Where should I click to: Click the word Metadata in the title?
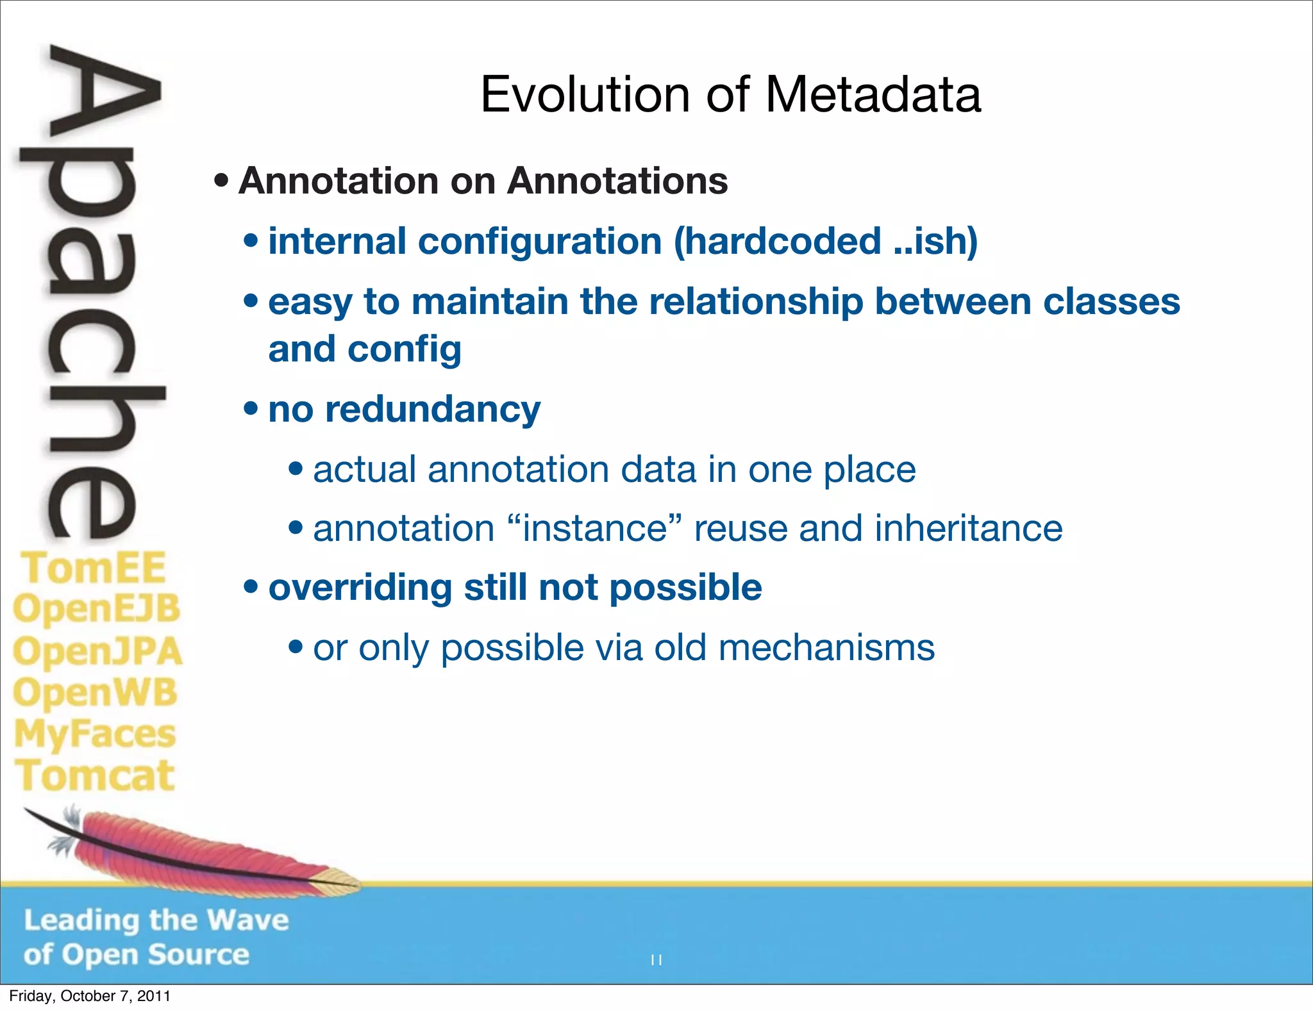873,95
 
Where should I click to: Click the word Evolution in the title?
585,95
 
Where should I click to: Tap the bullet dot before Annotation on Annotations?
221,181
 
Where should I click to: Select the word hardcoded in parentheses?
778,241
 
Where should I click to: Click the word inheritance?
968,529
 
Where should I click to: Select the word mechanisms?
826,648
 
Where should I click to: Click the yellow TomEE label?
94,568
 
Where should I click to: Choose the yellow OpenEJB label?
96,609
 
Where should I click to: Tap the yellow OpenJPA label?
97,651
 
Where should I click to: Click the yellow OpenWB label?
95,693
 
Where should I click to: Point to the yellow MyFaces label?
95,734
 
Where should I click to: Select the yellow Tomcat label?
95,776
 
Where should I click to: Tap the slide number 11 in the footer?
656,960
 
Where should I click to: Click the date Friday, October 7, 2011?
90,996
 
